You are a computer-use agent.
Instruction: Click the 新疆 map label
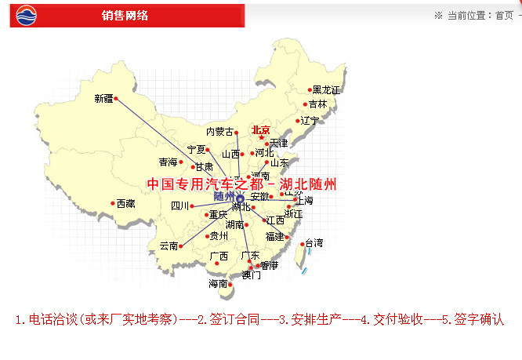[x=103, y=99]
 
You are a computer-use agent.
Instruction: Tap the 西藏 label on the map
[x=126, y=204]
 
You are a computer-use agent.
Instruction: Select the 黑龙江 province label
[x=326, y=90]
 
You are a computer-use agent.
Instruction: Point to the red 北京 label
[x=260, y=129]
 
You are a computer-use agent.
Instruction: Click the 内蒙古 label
[x=219, y=132]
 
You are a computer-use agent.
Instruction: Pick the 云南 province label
[x=169, y=245]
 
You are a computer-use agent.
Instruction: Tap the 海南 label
[x=218, y=284]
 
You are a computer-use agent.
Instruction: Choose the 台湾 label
[x=314, y=242]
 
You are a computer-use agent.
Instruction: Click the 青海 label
[x=169, y=162]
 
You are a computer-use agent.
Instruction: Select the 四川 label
[x=180, y=206]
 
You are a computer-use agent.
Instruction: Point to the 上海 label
[x=303, y=201]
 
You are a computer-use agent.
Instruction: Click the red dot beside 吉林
[x=306, y=104]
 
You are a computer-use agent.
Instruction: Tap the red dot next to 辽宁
[x=298, y=121]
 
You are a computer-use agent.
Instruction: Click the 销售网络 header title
[x=125, y=16]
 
